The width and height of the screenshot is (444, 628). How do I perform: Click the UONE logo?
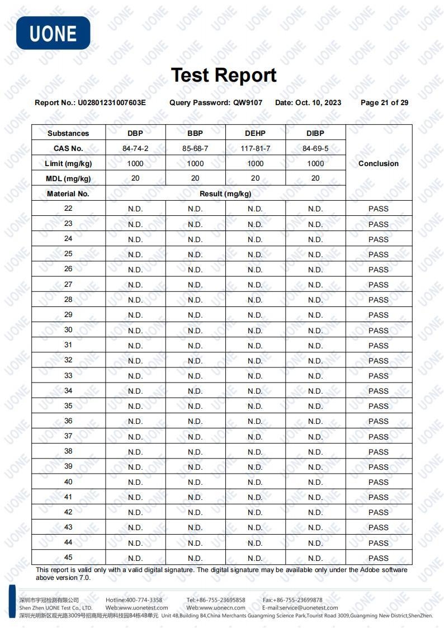[53, 33]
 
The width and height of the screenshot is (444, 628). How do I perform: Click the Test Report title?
[224, 75]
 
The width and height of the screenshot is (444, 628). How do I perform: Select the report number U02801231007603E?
[111, 103]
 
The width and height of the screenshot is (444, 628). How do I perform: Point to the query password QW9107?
[248, 103]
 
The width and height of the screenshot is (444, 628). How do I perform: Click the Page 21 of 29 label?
[384, 103]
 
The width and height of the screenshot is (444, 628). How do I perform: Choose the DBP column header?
[135, 133]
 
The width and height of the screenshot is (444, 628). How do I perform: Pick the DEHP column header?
[255, 133]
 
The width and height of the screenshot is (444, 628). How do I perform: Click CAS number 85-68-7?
[195, 149]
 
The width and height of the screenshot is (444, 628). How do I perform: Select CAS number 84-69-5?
[315, 149]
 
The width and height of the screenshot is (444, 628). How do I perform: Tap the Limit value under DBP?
[135, 164]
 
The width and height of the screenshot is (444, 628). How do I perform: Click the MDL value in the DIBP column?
[315, 178]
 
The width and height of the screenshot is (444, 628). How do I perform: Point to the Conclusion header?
[379, 164]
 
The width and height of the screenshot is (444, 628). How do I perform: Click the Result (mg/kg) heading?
[225, 194]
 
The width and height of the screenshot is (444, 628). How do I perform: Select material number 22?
[68, 209]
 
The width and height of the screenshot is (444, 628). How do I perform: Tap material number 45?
[68, 558]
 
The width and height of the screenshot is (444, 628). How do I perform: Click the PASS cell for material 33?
[379, 376]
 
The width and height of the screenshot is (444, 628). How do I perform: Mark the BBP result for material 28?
[195, 300]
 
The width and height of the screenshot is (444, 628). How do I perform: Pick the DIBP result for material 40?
[315, 482]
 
